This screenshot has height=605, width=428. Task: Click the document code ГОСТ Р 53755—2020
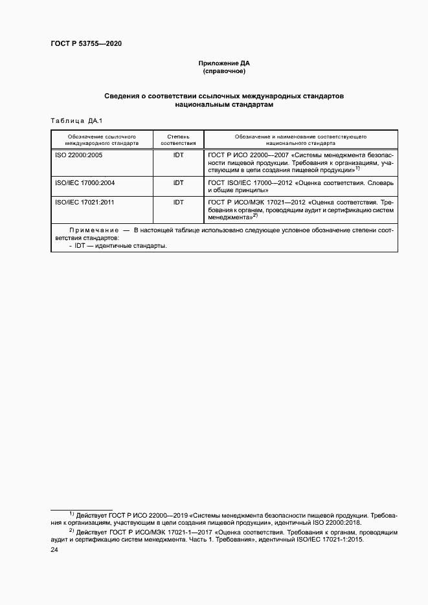[86, 43]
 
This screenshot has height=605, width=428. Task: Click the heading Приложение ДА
[223, 63]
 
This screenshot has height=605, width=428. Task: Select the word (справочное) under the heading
[223, 71]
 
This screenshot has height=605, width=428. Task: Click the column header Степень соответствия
[178, 141]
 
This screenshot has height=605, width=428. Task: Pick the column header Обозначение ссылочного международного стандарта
[101, 141]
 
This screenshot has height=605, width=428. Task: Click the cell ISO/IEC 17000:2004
[85, 183]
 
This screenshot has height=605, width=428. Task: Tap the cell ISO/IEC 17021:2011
[85, 203]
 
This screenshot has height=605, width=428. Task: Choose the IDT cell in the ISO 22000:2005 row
[178, 156]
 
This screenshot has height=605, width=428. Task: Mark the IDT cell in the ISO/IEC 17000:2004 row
[178, 183]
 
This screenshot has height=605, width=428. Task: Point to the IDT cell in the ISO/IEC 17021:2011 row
[178, 203]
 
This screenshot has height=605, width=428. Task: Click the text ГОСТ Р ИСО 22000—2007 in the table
[249, 156]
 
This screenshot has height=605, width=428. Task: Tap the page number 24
[54, 550]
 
